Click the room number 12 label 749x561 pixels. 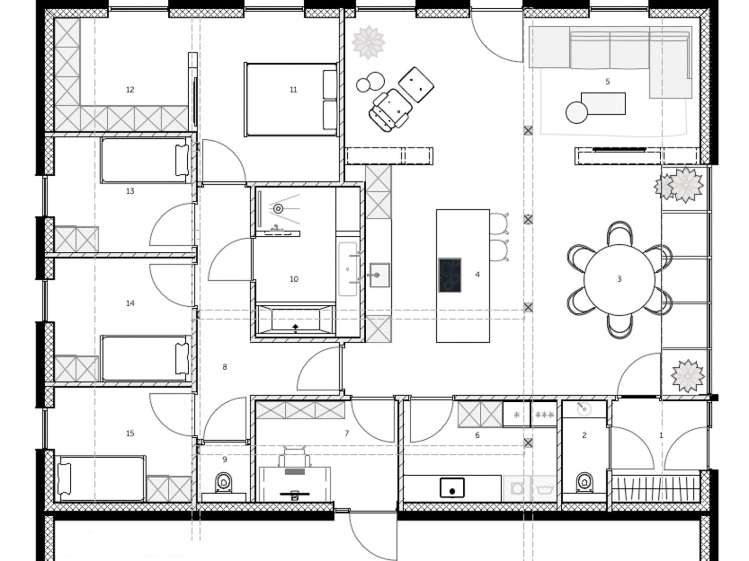[x=130, y=90]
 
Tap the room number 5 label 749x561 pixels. [x=608, y=81]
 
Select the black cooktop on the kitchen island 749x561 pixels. [x=450, y=275]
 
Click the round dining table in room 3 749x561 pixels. [x=619, y=280]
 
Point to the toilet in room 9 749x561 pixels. [x=224, y=482]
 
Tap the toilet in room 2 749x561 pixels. [x=585, y=482]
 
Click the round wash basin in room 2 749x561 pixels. [x=584, y=409]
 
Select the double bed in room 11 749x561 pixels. [x=291, y=99]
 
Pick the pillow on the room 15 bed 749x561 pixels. [x=64, y=479]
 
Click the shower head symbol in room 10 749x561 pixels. [x=278, y=208]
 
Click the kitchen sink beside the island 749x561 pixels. [x=379, y=275]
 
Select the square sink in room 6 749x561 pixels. [x=452, y=488]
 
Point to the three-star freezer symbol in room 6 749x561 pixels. [x=545, y=415]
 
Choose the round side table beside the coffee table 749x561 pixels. [x=577, y=112]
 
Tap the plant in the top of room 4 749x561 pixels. [x=369, y=42]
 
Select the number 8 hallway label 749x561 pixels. [x=224, y=367]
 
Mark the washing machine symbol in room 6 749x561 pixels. [x=517, y=489]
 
